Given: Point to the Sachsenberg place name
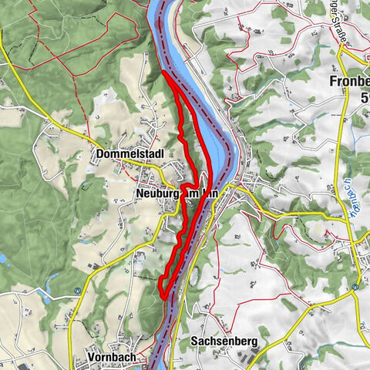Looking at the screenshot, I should tap(224, 340).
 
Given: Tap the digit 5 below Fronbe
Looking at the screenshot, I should tap(364, 97).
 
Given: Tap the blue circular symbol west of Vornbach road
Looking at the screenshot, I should tap(77, 291).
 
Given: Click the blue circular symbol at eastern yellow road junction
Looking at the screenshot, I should tap(354, 287).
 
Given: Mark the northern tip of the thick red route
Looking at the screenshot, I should tap(164, 74).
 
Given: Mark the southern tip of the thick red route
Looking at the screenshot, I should tap(162, 291).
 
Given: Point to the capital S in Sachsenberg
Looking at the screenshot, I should tap(194, 340).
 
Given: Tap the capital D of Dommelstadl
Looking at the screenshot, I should tap(101, 154).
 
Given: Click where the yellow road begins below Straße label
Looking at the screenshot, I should tap(341, 48).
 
